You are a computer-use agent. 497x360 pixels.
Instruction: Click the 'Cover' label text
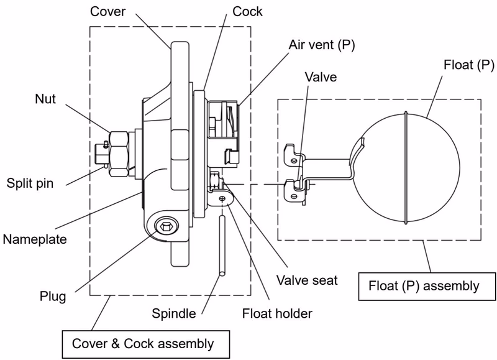click(x=107, y=11)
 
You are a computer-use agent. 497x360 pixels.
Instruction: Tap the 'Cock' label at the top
click(x=247, y=11)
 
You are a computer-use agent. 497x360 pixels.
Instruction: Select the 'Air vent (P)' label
click(x=321, y=45)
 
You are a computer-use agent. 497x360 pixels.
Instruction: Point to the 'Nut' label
click(x=45, y=99)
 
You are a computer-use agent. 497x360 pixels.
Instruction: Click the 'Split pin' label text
click(x=30, y=183)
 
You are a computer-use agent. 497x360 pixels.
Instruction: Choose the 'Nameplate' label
click(x=35, y=239)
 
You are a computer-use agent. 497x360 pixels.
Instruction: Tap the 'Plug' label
click(x=53, y=296)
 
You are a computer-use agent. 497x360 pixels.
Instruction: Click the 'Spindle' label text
click(x=174, y=313)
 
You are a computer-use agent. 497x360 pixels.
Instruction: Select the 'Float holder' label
click(x=277, y=313)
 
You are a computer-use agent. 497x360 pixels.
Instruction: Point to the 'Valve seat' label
click(x=307, y=280)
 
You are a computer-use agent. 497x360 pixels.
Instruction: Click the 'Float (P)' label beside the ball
click(x=469, y=65)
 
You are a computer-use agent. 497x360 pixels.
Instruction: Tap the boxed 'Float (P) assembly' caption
click(x=427, y=286)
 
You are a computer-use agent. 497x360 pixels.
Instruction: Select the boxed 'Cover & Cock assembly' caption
click(x=146, y=344)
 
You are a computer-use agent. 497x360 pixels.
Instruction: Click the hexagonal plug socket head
click(x=166, y=226)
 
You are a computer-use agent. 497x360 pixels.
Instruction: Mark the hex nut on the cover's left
click(x=119, y=154)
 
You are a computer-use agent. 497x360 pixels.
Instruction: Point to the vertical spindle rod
click(x=222, y=245)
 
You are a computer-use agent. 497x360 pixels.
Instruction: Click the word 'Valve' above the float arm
click(x=321, y=77)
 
